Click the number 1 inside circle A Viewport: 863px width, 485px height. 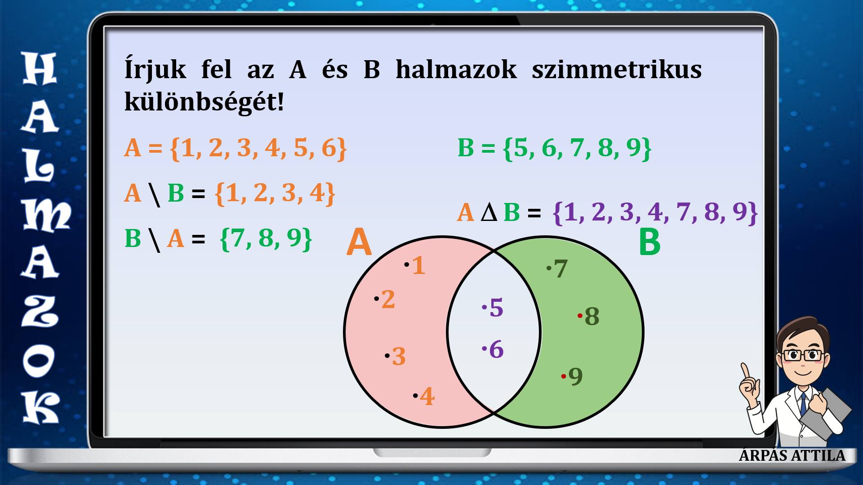click(418, 265)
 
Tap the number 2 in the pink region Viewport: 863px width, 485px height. click(388, 299)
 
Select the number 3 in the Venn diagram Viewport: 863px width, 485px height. click(399, 357)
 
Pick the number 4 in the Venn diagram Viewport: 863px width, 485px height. click(427, 396)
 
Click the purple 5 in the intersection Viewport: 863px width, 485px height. click(496, 308)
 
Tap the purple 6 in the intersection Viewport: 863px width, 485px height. click(496, 349)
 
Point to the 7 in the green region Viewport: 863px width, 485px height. click(561, 269)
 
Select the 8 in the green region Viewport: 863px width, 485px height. click(592, 316)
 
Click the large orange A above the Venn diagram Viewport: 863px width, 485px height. click(359, 242)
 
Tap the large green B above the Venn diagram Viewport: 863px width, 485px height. click(649, 242)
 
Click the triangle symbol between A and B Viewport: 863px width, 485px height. click(489, 213)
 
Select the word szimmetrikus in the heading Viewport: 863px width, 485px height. click(617, 70)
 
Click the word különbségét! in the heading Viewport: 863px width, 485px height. click(205, 102)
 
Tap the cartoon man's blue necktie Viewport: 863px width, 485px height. click(803, 404)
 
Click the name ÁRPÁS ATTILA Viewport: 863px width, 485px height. click(792, 455)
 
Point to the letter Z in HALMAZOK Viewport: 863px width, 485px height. click(40, 311)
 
